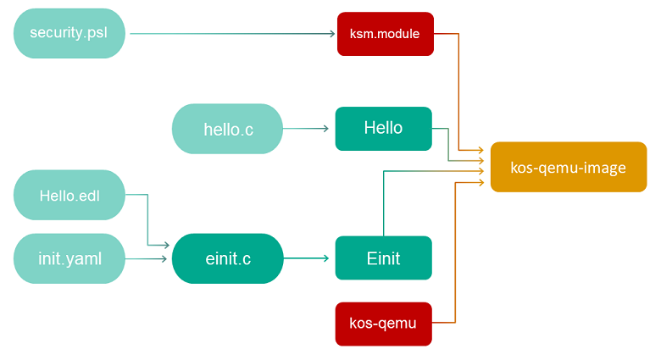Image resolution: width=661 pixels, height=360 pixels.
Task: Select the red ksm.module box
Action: (386, 34)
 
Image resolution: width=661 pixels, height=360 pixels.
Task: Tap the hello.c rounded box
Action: (227, 129)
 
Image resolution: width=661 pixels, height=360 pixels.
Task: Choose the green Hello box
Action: (383, 128)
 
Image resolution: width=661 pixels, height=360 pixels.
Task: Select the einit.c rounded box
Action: (227, 258)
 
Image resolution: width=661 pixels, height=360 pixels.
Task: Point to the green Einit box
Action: (383, 258)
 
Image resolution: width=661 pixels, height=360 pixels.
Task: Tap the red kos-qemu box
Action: (383, 323)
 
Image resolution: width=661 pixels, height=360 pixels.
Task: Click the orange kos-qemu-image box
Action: (568, 167)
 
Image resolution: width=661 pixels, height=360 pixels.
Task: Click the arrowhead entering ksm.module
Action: (332, 34)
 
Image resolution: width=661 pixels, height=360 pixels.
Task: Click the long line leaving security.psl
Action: (229, 34)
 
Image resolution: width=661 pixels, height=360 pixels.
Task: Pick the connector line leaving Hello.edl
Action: (147, 220)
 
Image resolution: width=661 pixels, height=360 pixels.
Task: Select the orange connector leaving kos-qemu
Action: (457, 254)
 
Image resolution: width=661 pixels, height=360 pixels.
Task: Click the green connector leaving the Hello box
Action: (448, 144)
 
